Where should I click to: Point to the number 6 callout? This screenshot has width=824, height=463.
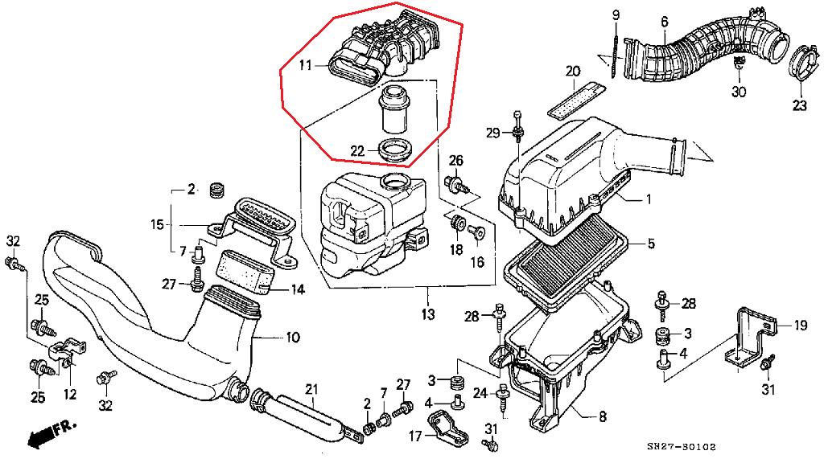tap(665, 22)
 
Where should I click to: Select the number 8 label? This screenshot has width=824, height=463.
tap(603, 416)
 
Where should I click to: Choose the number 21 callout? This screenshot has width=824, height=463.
tap(311, 389)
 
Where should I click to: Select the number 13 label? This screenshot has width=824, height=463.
tap(426, 313)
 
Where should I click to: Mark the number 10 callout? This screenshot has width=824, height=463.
tap(292, 338)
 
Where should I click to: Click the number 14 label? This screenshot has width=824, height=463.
tap(297, 289)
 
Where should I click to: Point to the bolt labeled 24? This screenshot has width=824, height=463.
tap(505, 397)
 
